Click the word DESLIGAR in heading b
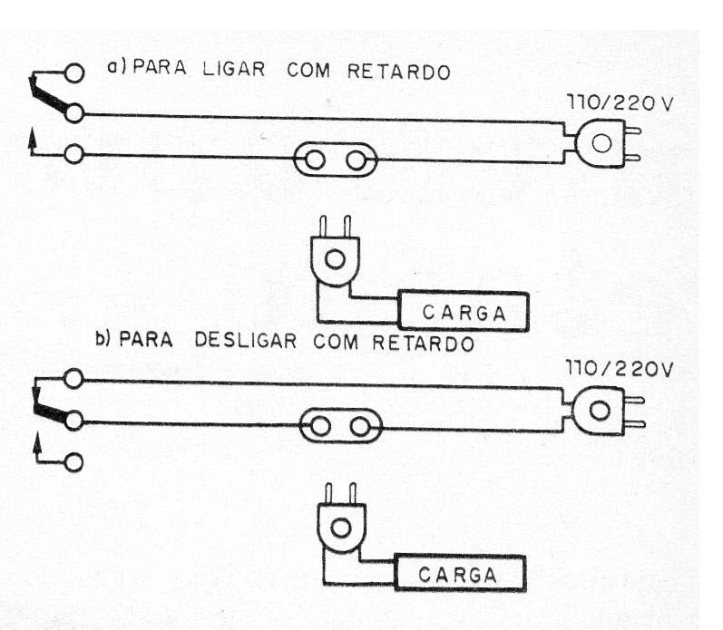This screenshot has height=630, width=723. click(x=249, y=344)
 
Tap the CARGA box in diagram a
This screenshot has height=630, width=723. click(x=463, y=313)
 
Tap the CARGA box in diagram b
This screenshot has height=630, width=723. click(x=459, y=575)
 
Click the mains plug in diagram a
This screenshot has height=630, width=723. click(x=601, y=143)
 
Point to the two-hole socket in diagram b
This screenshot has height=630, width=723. click(x=341, y=423)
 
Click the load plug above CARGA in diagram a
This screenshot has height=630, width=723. click(x=335, y=260)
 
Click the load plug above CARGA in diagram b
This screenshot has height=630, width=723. click(x=341, y=528)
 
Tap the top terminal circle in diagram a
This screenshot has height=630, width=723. click(x=73, y=72)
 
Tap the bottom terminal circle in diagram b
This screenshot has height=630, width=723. click(x=73, y=462)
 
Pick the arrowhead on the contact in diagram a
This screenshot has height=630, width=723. click(x=34, y=137)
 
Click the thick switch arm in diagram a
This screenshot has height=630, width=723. click(x=50, y=98)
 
